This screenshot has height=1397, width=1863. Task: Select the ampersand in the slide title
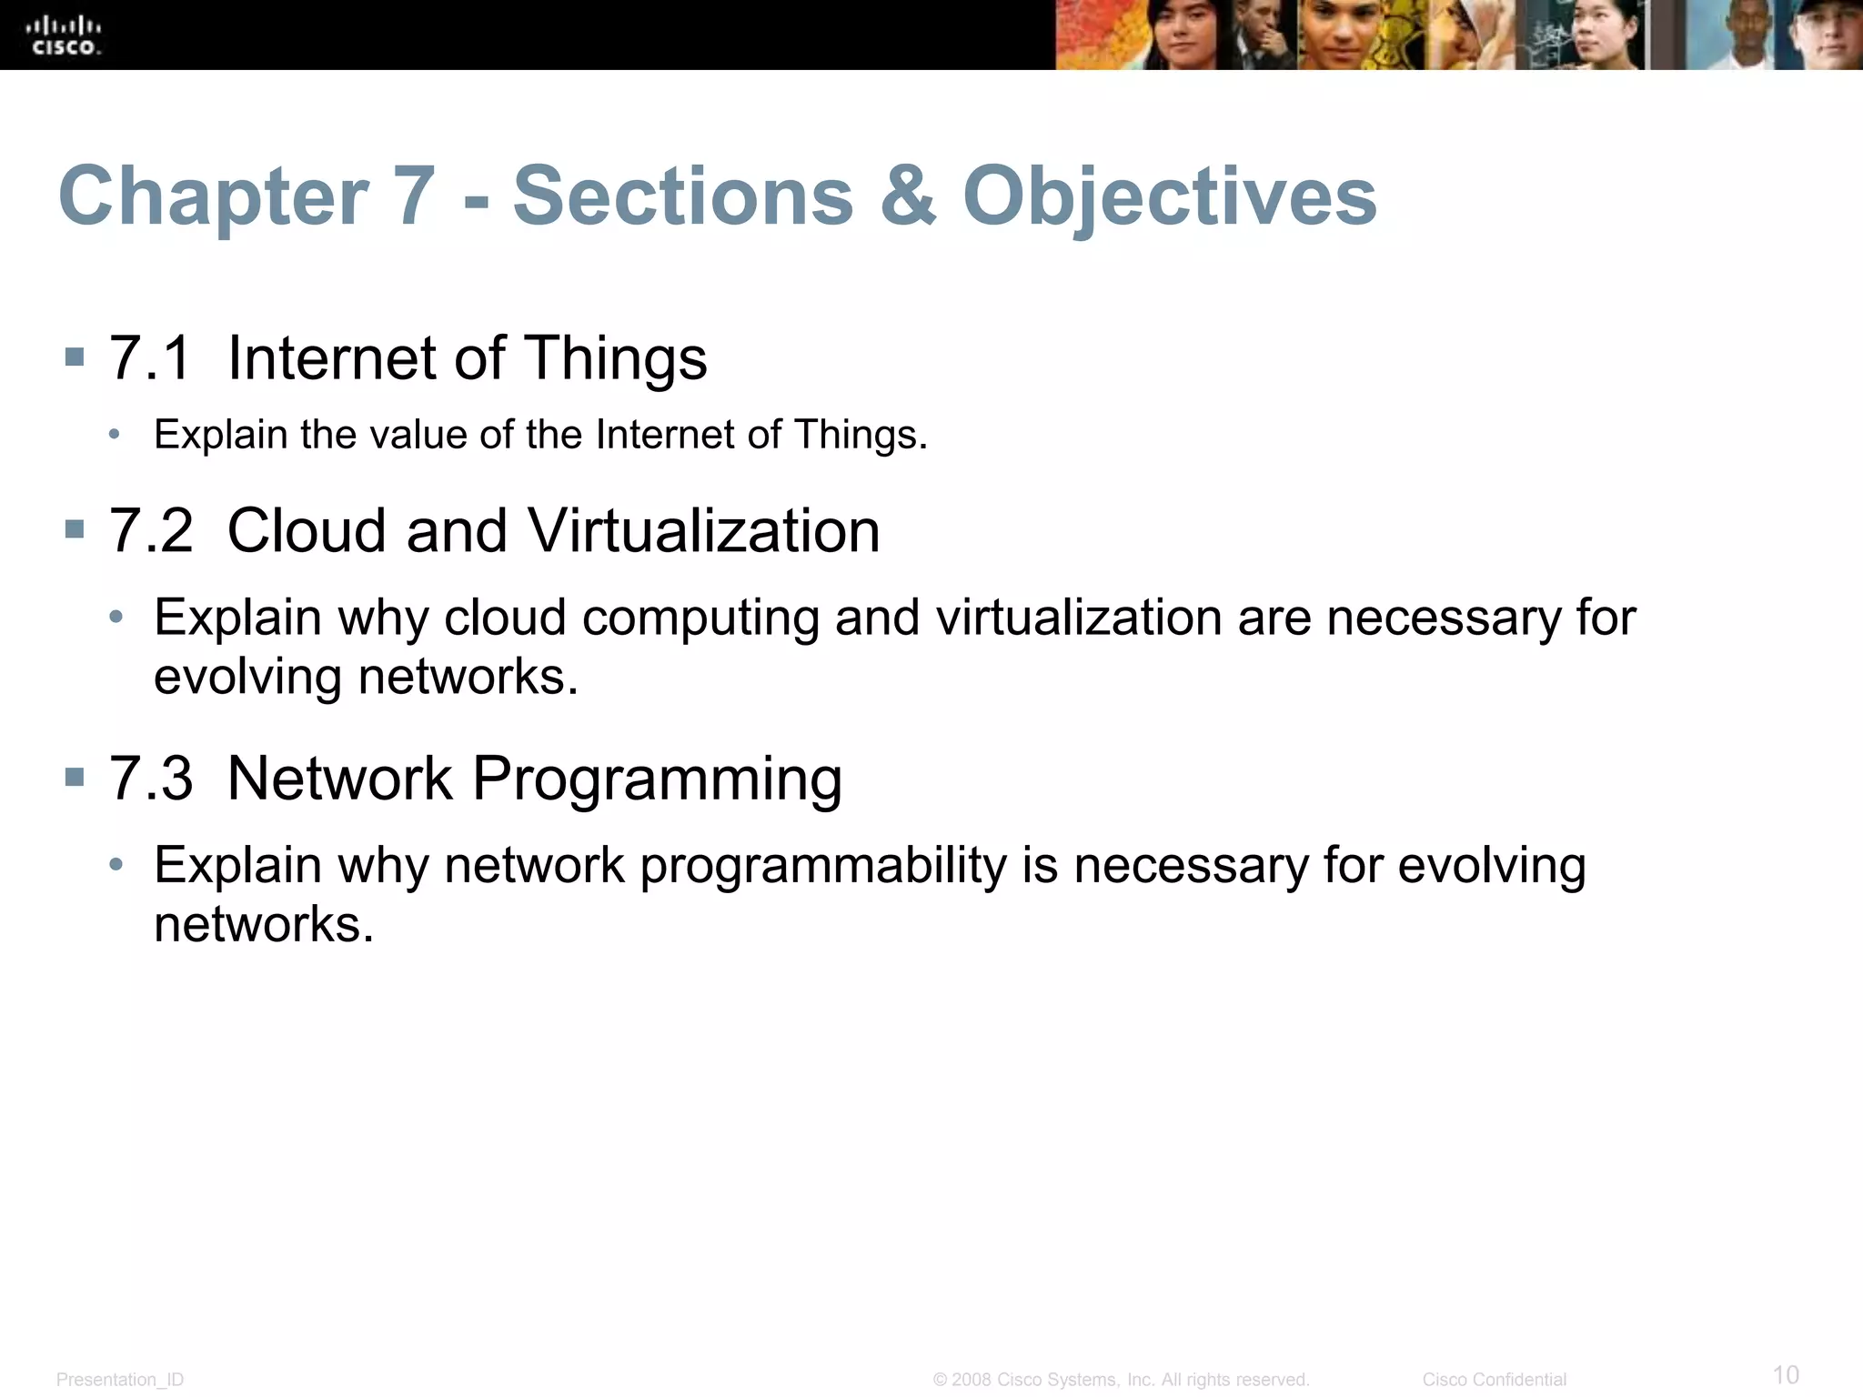908,196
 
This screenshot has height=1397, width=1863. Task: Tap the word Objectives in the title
1170,196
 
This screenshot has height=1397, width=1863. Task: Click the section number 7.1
150,357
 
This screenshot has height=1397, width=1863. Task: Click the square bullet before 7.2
75,529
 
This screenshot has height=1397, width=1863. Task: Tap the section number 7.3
150,779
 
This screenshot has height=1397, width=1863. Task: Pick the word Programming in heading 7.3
657,779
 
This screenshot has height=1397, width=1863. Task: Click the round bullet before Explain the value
115,435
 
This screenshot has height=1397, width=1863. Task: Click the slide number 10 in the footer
1786,1374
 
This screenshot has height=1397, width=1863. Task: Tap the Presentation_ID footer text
120,1380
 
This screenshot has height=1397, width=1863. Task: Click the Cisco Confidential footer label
1494,1380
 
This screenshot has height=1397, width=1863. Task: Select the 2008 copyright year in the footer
971,1380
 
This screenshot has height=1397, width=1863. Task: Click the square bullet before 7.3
75,777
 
